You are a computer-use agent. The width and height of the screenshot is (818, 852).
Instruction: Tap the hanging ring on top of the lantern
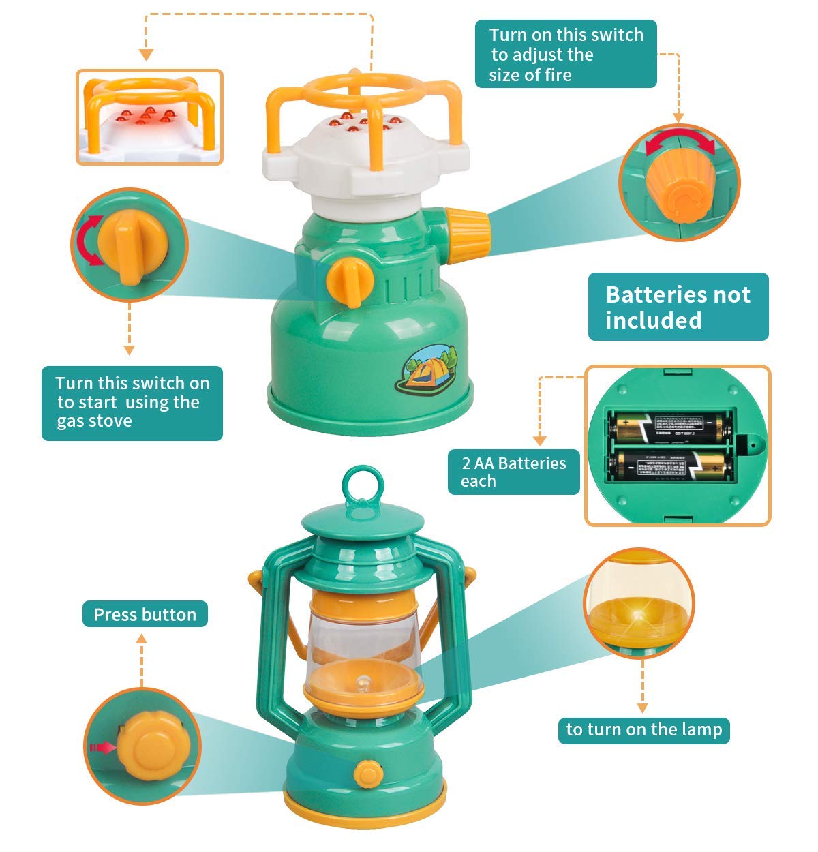coord(359,486)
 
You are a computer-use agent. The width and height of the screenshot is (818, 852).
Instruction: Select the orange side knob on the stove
coord(468,228)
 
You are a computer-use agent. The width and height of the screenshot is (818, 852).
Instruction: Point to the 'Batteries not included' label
coord(678,307)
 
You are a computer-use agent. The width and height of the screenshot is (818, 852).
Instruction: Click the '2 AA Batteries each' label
coord(513,472)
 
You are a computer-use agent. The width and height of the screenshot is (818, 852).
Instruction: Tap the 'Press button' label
coord(145,614)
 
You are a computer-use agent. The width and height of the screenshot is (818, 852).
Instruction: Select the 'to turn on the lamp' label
coord(643,729)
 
